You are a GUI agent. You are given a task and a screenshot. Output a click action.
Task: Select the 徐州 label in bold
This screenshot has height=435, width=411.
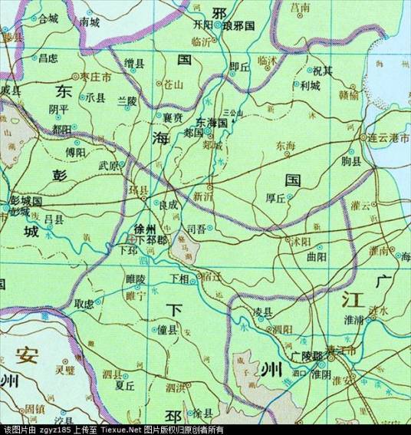(144, 229)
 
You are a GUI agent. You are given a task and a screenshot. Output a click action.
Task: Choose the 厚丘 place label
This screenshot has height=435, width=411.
(276, 198)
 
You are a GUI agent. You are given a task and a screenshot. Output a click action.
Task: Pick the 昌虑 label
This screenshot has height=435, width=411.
(48, 58)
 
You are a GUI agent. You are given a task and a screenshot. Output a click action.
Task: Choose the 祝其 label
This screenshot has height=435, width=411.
(321, 71)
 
